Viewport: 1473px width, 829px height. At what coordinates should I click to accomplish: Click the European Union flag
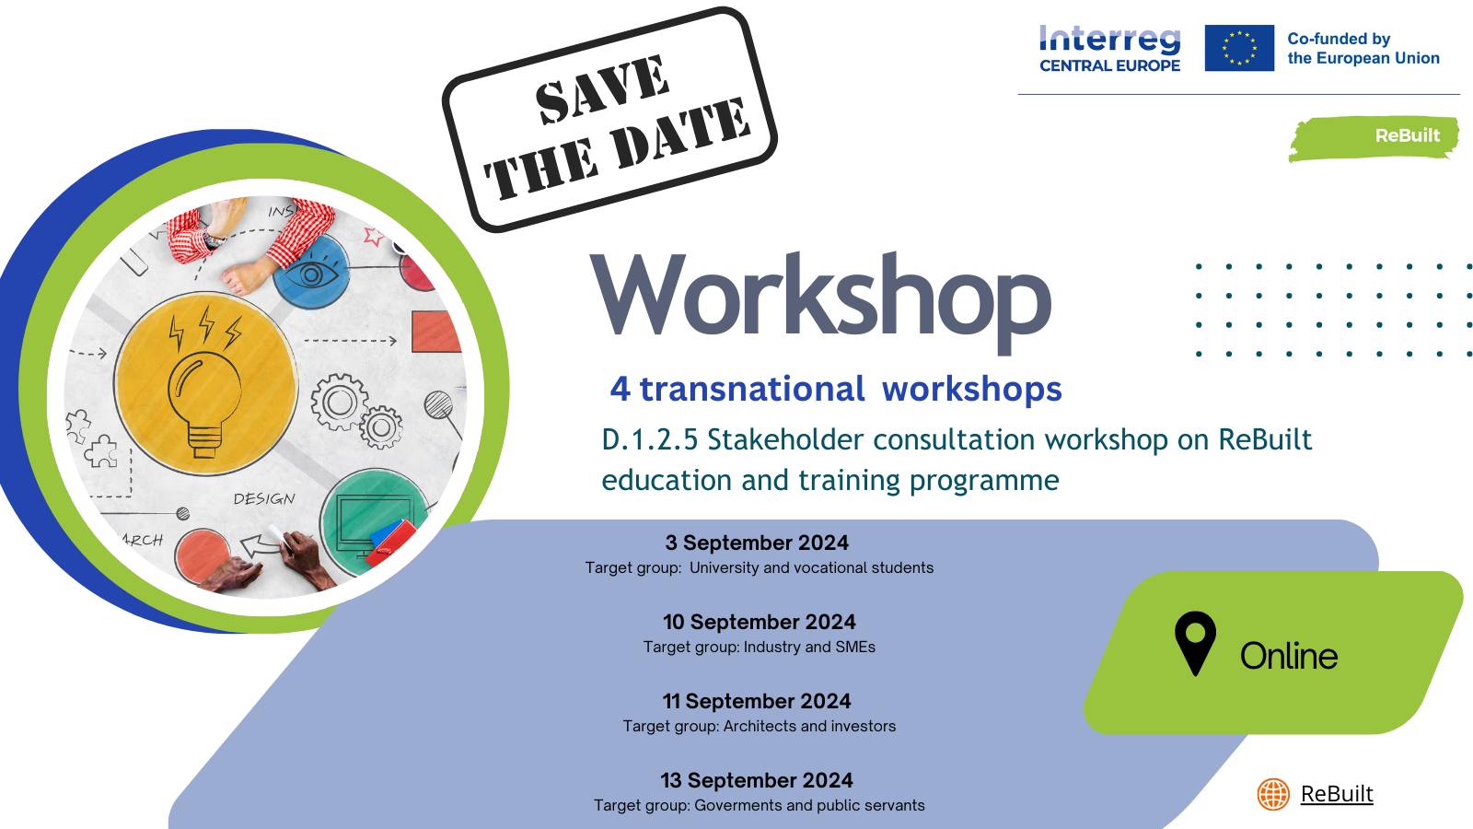coord(1239,48)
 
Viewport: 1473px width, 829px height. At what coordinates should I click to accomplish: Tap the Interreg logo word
coord(1110,41)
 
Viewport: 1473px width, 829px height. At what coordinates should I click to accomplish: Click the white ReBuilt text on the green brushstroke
coord(1408,135)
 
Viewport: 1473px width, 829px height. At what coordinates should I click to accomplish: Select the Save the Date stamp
coord(609,120)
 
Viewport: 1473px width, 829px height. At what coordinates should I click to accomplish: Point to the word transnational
coord(751,389)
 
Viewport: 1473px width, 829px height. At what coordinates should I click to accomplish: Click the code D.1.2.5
coord(649,439)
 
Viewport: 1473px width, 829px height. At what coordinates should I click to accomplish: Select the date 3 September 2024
coord(756,543)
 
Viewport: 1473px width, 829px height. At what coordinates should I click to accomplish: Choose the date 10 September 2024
coord(759,622)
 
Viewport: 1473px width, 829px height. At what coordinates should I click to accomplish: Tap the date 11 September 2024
coord(756,701)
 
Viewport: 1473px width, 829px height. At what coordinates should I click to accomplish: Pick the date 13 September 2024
coord(756,780)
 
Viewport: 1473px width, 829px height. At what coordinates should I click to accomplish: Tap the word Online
coord(1288,656)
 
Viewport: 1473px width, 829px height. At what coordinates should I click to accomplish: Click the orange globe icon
coord(1273,794)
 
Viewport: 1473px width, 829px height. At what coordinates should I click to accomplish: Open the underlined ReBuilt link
coord(1337,794)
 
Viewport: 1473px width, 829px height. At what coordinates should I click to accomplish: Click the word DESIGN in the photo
coord(264,499)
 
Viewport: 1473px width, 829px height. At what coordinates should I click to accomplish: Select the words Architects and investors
coord(809,727)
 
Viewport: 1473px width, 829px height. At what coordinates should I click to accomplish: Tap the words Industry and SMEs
coord(809,648)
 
